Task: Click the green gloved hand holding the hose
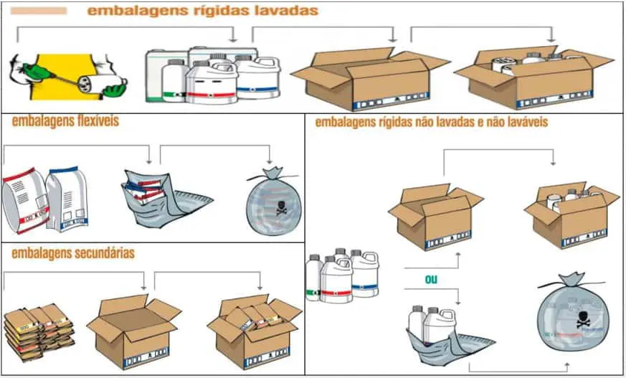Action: [x=32, y=70]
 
